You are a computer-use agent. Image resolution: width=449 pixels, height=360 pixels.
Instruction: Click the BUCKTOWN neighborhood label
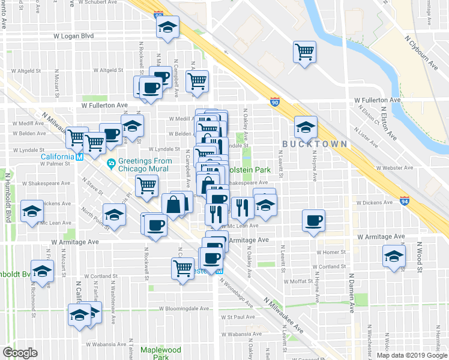pos(315,144)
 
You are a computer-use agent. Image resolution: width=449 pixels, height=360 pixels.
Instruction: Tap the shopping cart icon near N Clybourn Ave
pos(305,52)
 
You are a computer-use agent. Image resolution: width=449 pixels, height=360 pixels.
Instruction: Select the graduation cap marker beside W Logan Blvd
pos(168,27)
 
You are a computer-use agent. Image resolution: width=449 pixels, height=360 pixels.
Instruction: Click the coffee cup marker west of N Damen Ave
pos(313,221)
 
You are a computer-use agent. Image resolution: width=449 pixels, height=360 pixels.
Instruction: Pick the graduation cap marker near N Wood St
pos(394,256)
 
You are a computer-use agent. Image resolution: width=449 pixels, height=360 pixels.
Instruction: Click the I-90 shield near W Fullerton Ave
pos(274,101)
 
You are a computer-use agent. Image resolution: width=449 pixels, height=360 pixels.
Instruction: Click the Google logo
pos(20,353)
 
